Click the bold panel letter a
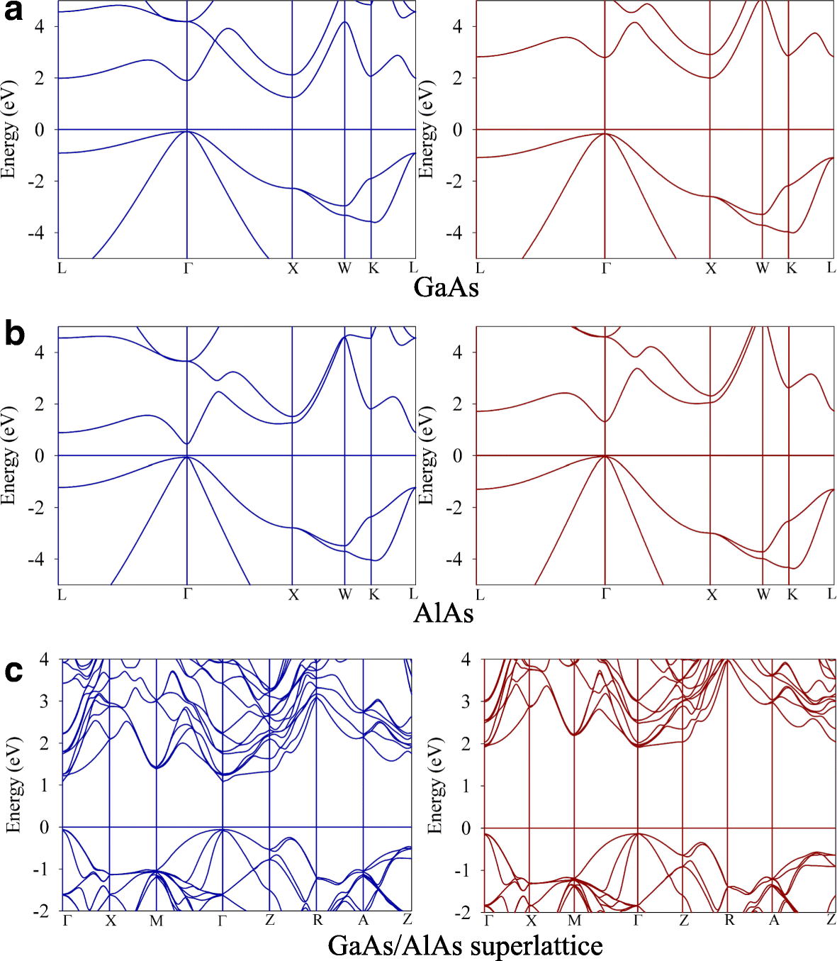[13, 11]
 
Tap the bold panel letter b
[14, 334]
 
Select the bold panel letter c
[13, 670]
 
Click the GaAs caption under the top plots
[446, 287]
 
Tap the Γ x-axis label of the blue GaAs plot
[188, 268]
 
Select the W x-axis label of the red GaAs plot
[762, 268]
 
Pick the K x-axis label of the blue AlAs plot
[373, 594]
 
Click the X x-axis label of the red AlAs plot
[712, 594]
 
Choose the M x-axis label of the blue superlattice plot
[156, 921]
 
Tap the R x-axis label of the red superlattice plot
[729, 920]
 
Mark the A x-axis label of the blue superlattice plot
[363, 920]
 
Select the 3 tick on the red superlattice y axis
[465, 701]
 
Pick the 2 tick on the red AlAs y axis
[458, 404]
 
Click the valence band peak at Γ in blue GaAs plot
[187, 131]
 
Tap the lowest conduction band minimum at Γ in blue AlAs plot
[186, 444]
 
